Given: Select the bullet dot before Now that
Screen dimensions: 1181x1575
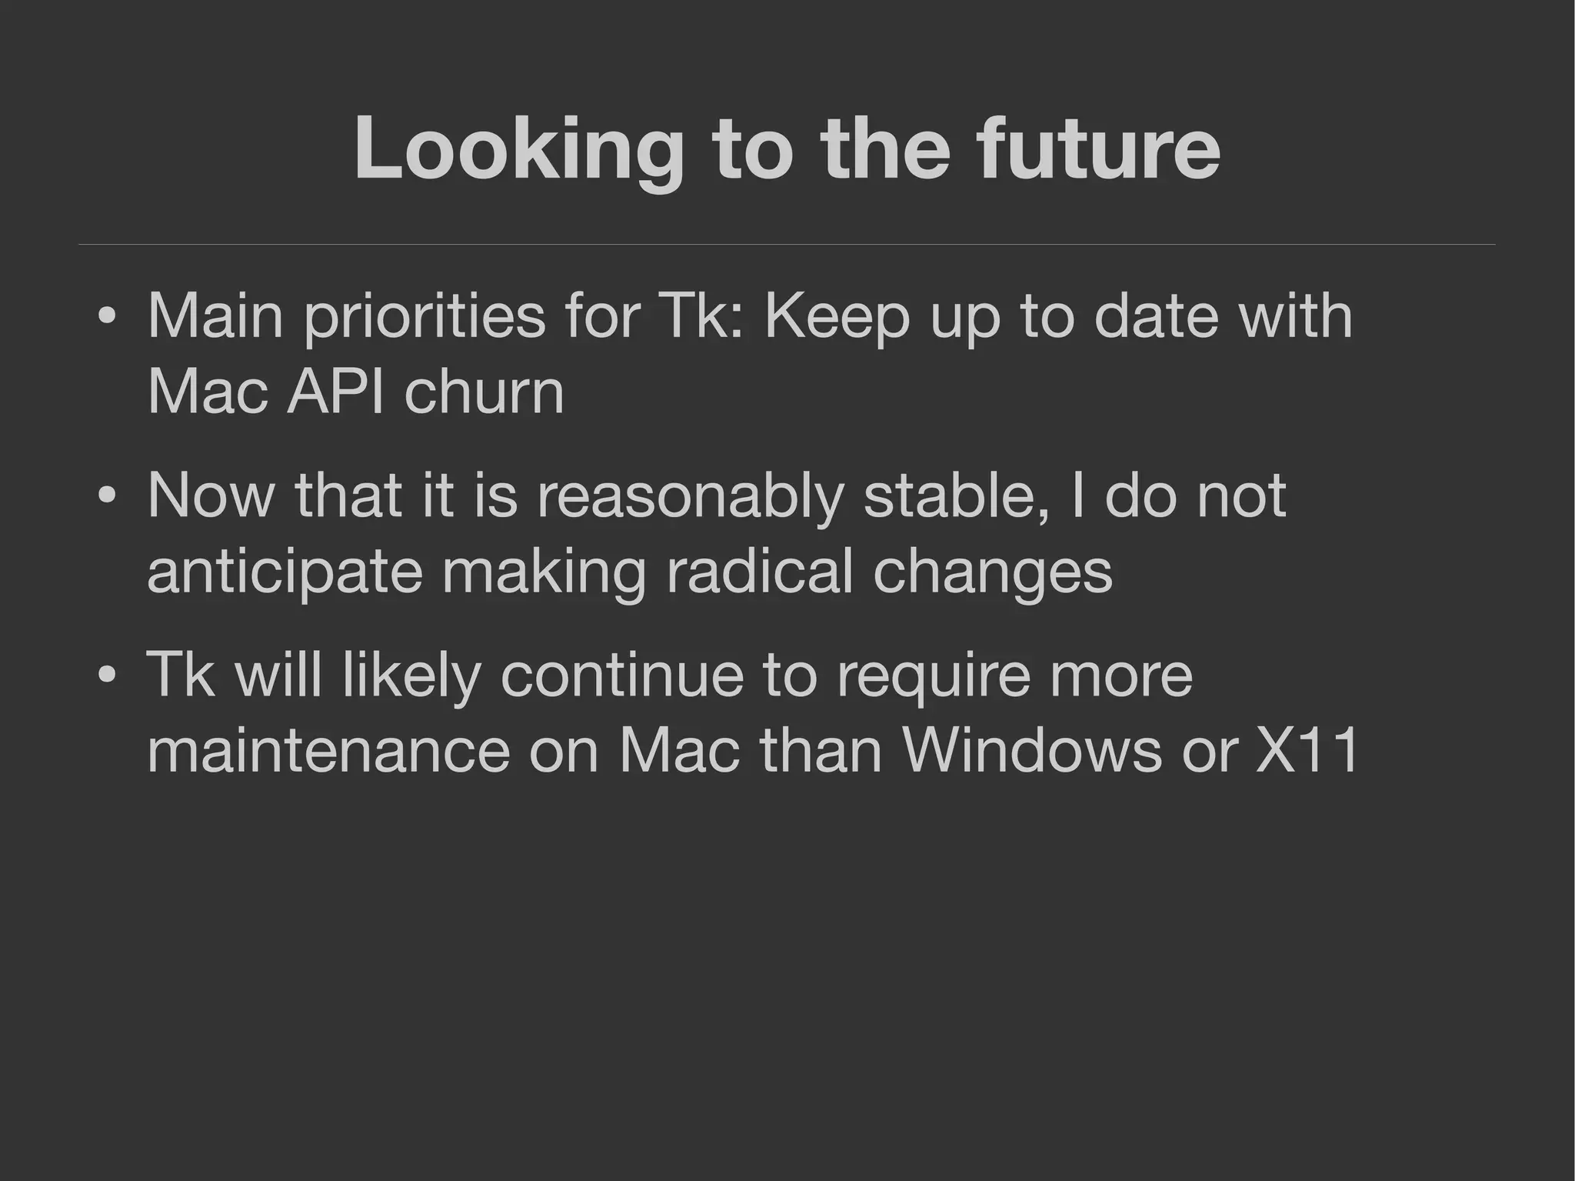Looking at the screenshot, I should click(108, 496).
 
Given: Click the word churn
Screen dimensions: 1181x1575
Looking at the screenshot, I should click(484, 392).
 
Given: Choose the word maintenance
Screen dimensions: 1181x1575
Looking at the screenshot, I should click(328, 751).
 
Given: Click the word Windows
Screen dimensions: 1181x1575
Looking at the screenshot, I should click(1032, 751).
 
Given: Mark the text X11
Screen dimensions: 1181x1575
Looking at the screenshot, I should click(1307, 751).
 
